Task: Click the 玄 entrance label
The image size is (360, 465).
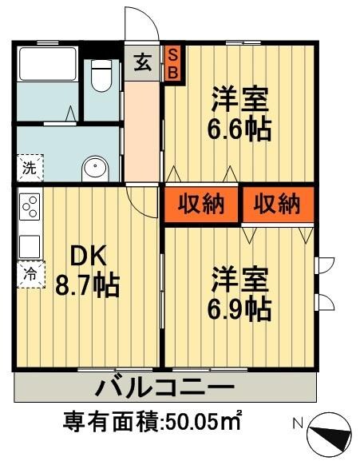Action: tap(143, 62)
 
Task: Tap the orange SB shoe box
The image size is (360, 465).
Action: tap(172, 62)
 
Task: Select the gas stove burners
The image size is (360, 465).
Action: tap(30, 208)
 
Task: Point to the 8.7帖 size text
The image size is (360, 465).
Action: tap(87, 284)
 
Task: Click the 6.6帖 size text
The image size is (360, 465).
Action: tap(239, 129)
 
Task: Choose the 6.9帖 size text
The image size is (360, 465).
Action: tap(239, 307)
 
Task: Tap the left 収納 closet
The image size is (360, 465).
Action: tap(200, 205)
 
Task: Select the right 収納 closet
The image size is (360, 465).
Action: tap(277, 205)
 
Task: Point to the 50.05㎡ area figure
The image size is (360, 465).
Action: tap(204, 420)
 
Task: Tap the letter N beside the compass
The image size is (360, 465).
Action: tap(296, 423)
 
